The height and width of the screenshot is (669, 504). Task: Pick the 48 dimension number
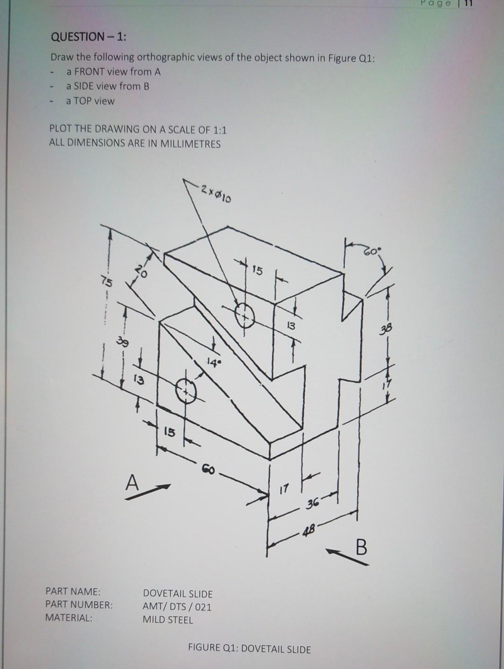pyautogui.click(x=309, y=531)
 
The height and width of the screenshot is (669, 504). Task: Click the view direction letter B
pyautogui.click(x=361, y=547)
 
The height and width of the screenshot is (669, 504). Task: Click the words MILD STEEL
pyautogui.click(x=168, y=620)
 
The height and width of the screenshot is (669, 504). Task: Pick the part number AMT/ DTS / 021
pyautogui.click(x=177, y=607)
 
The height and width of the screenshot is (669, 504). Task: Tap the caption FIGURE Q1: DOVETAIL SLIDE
pyautogui.click(x=249, y=648)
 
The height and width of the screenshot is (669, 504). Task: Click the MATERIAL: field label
pyautogui.click(x=69, y=618)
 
